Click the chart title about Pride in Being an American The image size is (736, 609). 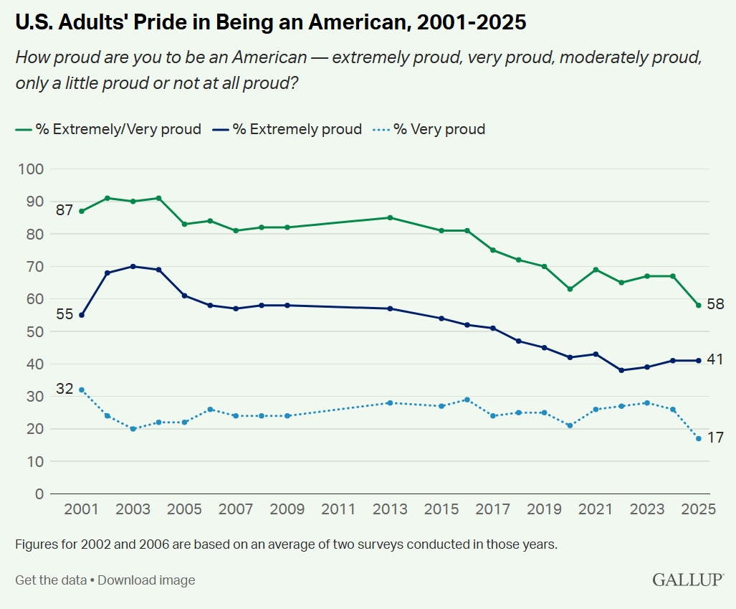coord(271,22)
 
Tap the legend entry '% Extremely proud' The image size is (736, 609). coord(297,129)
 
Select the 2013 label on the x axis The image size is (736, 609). coord(390,509)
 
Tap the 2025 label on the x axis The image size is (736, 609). coord(699,509)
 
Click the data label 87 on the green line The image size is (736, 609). coord(65,210)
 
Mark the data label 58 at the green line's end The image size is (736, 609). coord(715,304)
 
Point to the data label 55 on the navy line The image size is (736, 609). coord(65,313)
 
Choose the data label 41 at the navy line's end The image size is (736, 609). coord(715,359)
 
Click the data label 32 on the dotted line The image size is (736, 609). coord(65,389)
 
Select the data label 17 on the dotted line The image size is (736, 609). coord(715,438)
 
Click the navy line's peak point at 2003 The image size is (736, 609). coord(133,266)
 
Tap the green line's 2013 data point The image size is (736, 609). coord(390,217)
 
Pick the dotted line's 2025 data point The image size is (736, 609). coord(699,438)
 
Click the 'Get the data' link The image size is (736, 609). coord(51,580)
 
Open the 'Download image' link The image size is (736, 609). coord(146,580)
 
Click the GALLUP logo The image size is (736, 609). coord(687,580)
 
